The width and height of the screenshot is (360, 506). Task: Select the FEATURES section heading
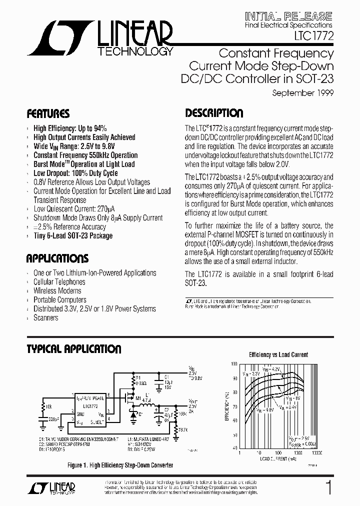[47, 113]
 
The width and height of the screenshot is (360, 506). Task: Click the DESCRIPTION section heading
[214, 113]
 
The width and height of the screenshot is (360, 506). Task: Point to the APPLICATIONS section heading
[57, 258]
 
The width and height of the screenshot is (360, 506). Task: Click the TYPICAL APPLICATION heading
[73, 348]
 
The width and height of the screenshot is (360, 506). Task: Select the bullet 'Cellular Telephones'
[59, 282]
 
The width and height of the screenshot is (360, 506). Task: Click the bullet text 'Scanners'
[45, 318]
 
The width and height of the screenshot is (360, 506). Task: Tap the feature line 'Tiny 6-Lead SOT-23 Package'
[72, 236]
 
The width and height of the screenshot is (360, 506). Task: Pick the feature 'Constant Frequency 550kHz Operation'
[85, 155]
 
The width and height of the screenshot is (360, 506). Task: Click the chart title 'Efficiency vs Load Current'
[278, 355]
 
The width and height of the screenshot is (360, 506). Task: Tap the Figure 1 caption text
[120, 465]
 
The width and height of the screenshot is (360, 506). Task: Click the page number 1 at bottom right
[328, 488]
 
